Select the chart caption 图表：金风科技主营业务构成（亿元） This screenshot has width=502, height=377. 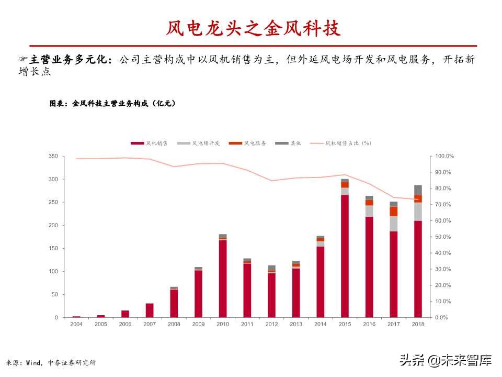click(112, 104)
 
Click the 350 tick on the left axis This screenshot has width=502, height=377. click(53, 157)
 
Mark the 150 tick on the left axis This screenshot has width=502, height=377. click(53, 249)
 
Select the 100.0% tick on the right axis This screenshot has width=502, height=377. click(445, 157)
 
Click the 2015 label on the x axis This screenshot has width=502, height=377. click(345, 325)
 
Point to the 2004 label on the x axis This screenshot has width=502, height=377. click(76, 325)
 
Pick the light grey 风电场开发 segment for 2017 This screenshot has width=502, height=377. click(393, 224)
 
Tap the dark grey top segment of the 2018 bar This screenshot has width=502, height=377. click(418, 190)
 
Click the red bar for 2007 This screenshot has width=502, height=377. click(150, 310)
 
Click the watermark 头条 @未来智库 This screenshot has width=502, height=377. click(446, 360)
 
